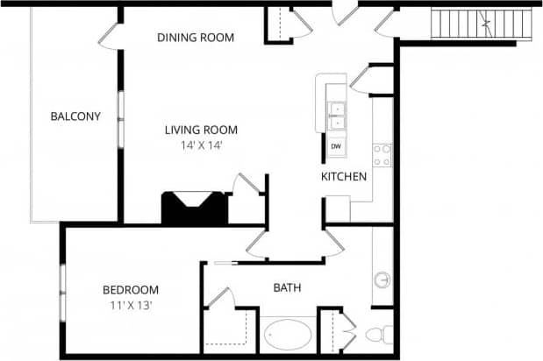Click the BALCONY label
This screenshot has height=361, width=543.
click(75, 117)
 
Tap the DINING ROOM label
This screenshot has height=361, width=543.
click(196, 38)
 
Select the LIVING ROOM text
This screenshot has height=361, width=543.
click(201, 131)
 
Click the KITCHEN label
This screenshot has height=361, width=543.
click(344, 177)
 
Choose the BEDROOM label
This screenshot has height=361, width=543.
click(131, 290)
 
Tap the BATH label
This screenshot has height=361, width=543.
click(288, 287)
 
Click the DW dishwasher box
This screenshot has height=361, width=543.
click(337, 146)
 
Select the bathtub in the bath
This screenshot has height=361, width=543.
click(288, 336)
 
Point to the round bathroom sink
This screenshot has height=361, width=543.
click(382, 280)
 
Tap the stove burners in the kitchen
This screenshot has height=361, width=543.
click(382, 155)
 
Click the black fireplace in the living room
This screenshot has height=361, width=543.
click(194, 209)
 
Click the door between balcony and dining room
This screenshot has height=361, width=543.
click(110, 37)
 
